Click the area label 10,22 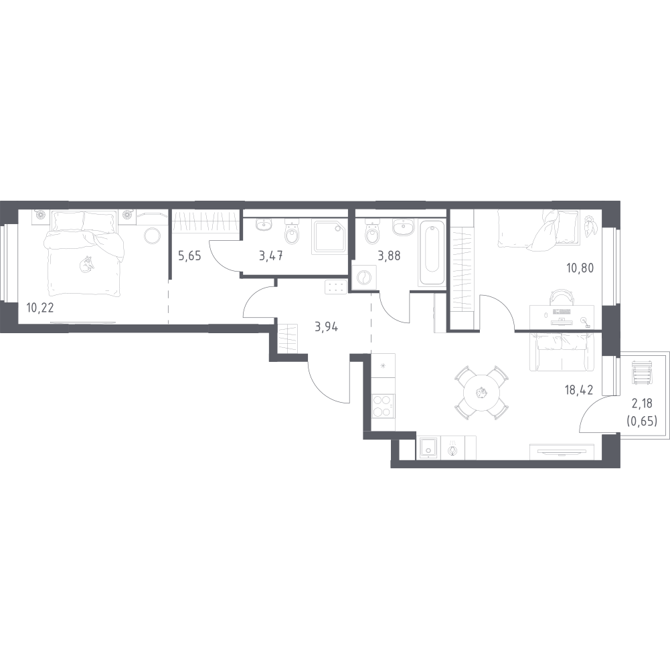[x=40, y=307]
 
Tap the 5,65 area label [x=189, y=257]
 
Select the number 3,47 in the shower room [x=271, y=257]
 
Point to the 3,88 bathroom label [x=389, y=257]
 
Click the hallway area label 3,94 [x=327, y=327]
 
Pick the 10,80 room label [x=580, y=268]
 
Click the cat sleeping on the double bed [x=87, y=264]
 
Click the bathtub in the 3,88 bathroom [x=432, y=252]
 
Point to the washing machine [x=363, y=278]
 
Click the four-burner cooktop [x=383, y=406]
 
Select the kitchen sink [x=427, y=448]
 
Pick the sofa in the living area [x=562, y=352]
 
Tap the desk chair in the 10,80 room [x=562, y=298]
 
